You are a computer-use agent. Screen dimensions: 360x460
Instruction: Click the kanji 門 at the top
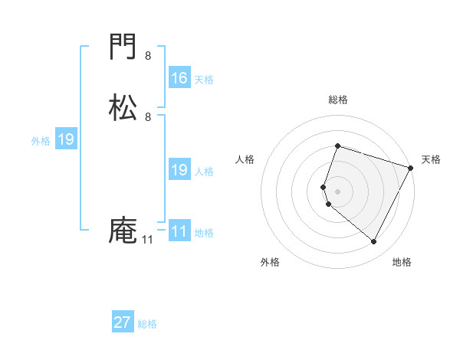(123, 49)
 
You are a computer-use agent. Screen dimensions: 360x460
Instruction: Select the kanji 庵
(123, 231)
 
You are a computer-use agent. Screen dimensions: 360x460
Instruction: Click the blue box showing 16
(179, 78)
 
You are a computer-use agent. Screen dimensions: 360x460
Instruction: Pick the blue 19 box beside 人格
(179, 171)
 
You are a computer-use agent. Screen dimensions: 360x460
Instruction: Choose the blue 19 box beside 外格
(66, 140)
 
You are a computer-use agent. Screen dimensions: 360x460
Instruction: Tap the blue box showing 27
(123, 322)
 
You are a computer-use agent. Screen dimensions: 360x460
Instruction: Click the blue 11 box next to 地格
(179, 231)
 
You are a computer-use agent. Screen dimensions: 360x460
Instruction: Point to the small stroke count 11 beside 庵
(147, 240)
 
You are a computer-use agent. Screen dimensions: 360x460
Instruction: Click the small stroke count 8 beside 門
(148, 56)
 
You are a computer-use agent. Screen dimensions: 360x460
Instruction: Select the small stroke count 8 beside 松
(148, 116)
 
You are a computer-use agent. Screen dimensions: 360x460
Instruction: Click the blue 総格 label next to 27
(147, 324)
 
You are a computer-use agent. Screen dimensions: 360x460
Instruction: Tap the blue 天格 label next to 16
(204, 80)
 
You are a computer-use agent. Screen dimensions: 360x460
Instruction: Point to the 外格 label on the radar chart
(270, 262)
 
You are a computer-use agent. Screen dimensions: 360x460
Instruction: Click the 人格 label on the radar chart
(245, 159)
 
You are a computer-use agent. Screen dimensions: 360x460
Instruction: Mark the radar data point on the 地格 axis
(374, 241)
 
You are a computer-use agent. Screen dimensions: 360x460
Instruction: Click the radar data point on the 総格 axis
(337, 146)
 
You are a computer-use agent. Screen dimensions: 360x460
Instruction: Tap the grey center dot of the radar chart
(337, 191)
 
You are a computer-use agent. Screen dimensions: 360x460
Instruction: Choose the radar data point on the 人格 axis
(324, 186)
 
